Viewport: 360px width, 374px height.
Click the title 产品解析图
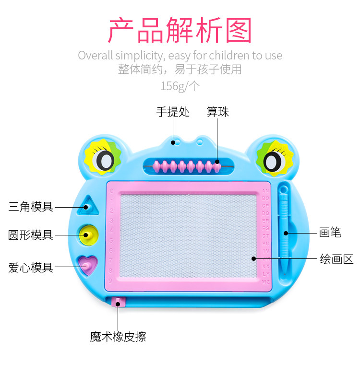point(180,30)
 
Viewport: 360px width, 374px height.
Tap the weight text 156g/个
point(180,86)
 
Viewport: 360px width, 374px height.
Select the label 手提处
point(173,112)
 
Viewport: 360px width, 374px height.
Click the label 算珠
point(218,112)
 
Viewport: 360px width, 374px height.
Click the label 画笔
point(330,233)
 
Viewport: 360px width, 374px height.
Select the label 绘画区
point(336,259)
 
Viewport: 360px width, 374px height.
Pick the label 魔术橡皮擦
point(118,337)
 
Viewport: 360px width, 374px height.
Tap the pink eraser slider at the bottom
point(118,302)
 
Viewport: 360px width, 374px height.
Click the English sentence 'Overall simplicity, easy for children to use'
point(180,55)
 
